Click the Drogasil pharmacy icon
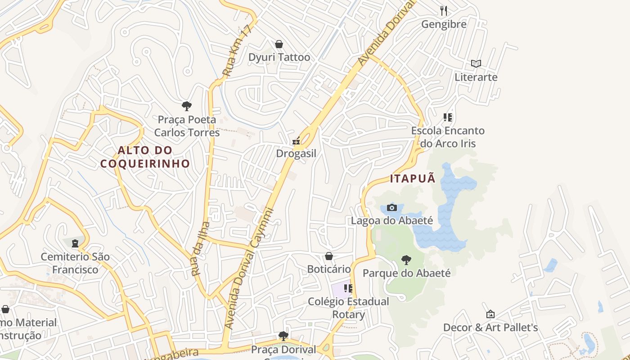coord(296,141)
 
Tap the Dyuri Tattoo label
coord(279,57)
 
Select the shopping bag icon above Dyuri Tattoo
coord(279,44)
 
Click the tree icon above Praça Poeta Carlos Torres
coord(187,106)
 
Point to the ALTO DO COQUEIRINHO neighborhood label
coord(145,157)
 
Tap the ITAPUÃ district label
coord(413,178)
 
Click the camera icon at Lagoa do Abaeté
coord(392,207)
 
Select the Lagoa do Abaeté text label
coord(392,220)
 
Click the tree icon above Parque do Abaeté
coord(406,260)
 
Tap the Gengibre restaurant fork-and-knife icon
coord(444,10)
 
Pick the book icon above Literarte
coord(476,64)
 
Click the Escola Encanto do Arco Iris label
coord(448,137)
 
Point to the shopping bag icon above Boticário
coord(329,256)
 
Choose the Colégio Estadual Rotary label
coord(348,308)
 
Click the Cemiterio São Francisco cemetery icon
coord(75,244)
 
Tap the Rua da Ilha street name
coord(200,248)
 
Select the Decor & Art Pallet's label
coord(490,327)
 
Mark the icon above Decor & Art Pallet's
coord(490,314)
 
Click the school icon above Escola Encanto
coord(448,117)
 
